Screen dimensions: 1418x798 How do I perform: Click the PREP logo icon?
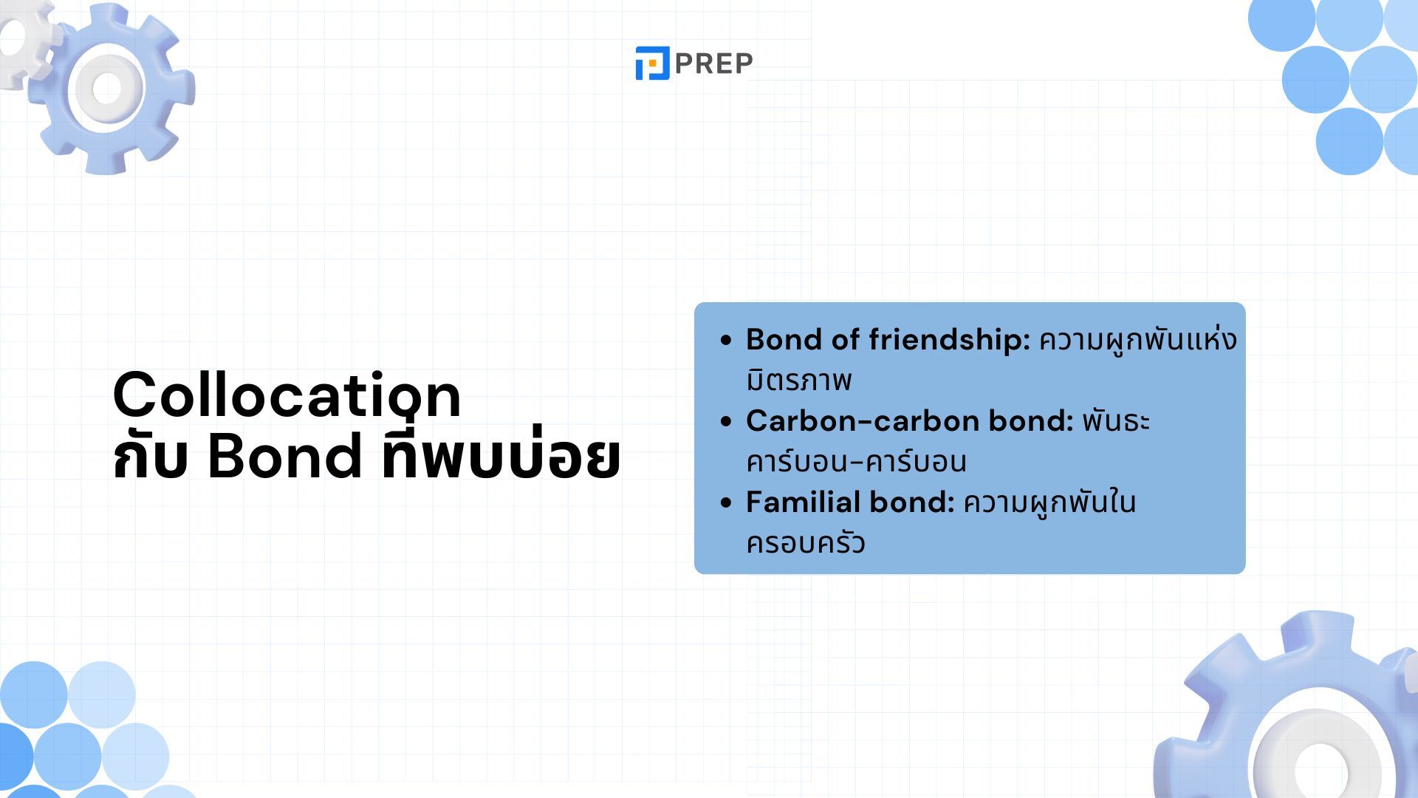(652, 63)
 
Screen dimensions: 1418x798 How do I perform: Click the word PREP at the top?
(713, 64)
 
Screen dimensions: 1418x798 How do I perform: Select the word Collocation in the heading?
(287, 395)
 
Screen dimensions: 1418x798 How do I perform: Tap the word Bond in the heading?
(285, 456)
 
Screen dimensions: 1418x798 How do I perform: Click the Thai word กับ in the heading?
(151, 457)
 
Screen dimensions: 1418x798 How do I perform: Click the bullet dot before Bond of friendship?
(726, 341)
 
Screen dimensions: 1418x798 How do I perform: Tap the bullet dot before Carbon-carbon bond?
(726, 422)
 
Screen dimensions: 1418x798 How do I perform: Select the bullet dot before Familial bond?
(726, 503)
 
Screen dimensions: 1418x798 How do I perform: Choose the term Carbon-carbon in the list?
(863, 421)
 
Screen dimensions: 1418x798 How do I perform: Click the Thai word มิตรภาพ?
(799, 381)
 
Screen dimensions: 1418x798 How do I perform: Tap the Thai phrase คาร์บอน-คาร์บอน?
(856, 461)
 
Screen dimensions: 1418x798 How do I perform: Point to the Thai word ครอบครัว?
(805, 542)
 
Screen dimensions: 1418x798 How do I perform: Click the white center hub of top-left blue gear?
(107, 88)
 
